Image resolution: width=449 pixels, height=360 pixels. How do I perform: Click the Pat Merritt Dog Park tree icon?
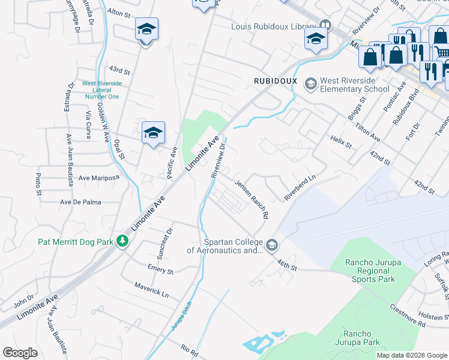click(123, 241)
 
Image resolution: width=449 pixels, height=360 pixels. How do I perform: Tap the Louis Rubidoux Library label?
click(274, 26)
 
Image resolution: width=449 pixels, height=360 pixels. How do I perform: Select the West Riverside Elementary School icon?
click(311, 83)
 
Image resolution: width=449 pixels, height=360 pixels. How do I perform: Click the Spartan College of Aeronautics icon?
click(272, 244)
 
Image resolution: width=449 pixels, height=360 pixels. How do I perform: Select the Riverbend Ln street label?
click(300, 188)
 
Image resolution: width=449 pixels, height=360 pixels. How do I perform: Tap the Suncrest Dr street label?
click(170, 239)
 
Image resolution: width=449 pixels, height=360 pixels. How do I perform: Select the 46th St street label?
click(287, 265)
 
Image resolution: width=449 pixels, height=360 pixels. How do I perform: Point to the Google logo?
click(20, 353)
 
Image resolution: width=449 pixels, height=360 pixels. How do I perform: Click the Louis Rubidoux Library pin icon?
click(325, 26)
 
